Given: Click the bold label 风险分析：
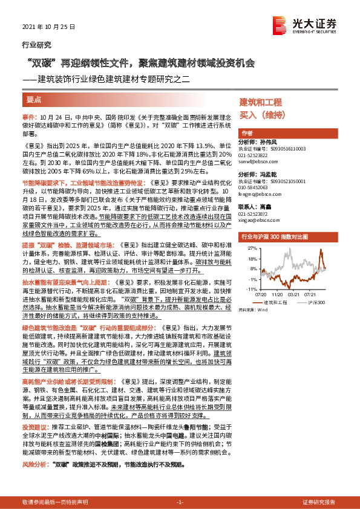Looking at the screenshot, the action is (x=36, y=465).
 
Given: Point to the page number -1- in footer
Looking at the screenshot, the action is (x=180, y=502).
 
